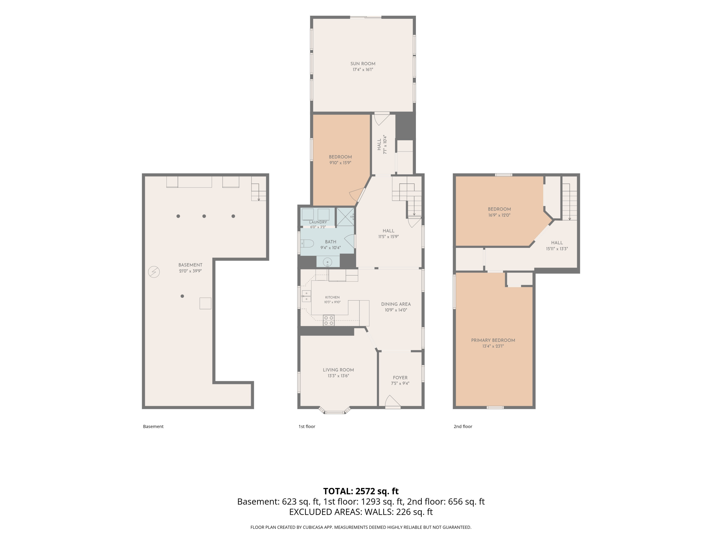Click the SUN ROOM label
(363, 64)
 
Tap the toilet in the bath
(307, 243)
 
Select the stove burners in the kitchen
(329, 320)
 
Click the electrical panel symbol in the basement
(154, 272)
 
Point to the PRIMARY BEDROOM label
(493, 340)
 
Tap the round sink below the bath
(327, 262)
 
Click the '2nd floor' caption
(463, 426)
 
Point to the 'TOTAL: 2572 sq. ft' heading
(361, 491)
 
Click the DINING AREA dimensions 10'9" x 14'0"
(396, 310)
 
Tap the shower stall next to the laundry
(345, 217)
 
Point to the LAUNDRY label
(318, 222)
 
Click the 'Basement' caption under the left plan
(153, 426)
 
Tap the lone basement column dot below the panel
(182, 296)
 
